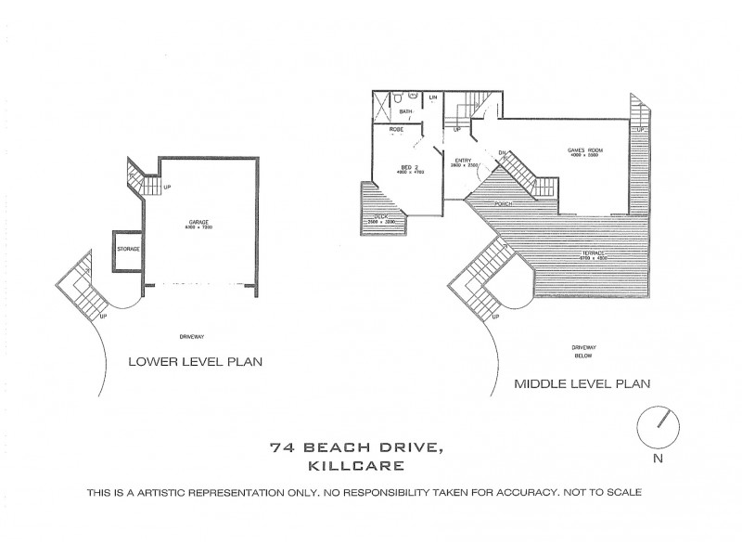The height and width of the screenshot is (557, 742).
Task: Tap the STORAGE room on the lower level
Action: pyautogui.click(x=127, y=250)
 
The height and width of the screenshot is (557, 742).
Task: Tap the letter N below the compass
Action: pyautogui.click(x=658, y=457)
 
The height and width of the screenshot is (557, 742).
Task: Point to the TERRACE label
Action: pyautogui.click(x=593, y=254)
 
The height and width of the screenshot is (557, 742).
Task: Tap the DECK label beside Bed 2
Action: pyautogui.click(x=381, y=218)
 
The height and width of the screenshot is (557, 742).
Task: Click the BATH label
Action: pyautogui.click(x=405, y=111)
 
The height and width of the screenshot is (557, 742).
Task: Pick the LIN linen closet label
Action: pyautogui.click(x=432, y=97)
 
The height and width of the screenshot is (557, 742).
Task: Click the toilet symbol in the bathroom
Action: pyautogui.click(x=397, y=97)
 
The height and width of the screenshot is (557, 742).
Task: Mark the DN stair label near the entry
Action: pyautogui.click(x=502, y=152)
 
